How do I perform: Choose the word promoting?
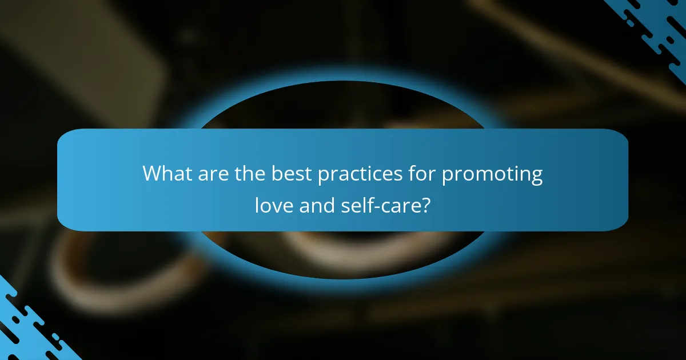point(492,175)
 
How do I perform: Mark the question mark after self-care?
point(425,204)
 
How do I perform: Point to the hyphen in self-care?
point(376,206)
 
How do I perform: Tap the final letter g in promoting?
point(536,177)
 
